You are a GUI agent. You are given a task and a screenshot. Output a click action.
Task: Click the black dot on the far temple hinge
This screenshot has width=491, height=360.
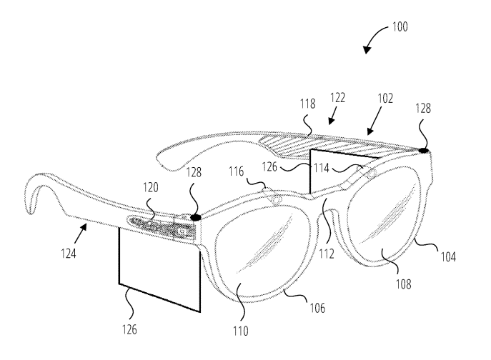coord(422,151)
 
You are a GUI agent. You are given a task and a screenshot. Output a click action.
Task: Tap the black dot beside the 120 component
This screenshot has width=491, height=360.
coord(194,215)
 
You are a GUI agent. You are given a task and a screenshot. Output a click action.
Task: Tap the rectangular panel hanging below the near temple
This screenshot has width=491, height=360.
coord(158,264)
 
